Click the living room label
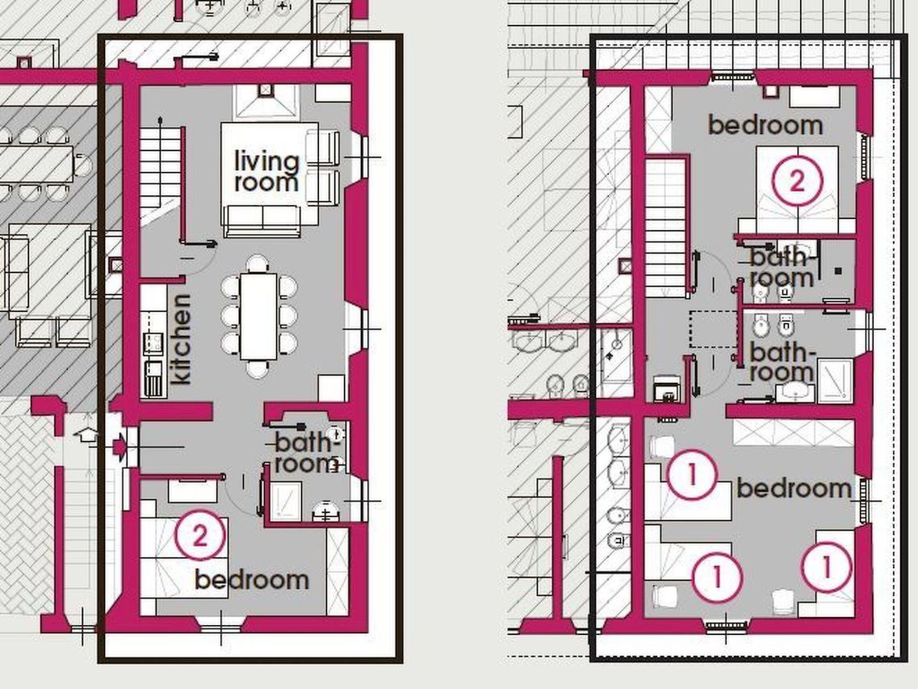click(266, 171)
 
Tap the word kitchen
click(180, 339)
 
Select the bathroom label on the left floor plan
click(306, 453)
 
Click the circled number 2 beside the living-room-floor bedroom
click(199, 536)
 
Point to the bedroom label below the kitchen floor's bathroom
click(252, 579)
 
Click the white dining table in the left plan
click(258, 317)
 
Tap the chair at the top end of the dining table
click(258, 263)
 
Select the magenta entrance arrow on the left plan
click(119, 447)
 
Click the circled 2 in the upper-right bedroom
click(797, 181)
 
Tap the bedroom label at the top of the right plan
click(765, 124)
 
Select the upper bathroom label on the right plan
click(782, 267)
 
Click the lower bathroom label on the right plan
click(782, 362)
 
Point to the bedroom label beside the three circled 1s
click(794, 488)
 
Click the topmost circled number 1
click(692, 474)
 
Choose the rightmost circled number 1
click(826, 566)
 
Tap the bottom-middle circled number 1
click(717, 578)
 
